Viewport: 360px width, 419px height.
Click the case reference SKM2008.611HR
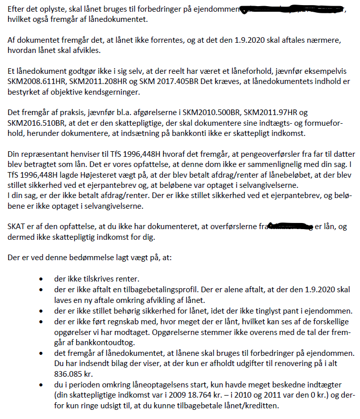click(x=35, y=82)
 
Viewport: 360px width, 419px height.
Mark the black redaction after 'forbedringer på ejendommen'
click(x=292, y=10)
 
